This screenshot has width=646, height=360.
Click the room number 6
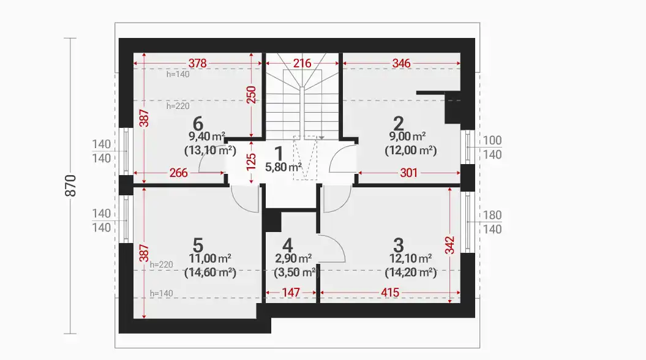[198, 123]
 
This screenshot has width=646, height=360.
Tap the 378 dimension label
[197, 64]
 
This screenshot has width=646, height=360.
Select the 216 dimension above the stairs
[302, 64]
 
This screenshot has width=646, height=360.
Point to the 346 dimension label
[401, 64]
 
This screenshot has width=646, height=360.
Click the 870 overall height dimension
[71, 186]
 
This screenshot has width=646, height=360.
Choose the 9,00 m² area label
[407, 137]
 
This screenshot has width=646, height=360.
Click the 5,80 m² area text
[284, 167]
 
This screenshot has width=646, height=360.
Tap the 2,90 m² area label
[293, 258]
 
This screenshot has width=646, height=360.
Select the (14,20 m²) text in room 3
[411, 272]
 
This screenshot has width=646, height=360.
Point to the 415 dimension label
[389, 293]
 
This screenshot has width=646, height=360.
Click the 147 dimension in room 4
[291, 293]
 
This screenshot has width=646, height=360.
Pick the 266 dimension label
[178, 173]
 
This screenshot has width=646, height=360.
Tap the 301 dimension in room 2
[408, 173]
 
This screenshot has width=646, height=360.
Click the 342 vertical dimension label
[450, 245]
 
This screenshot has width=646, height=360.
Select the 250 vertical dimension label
[251, 95]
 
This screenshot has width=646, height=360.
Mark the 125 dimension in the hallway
[251, 162]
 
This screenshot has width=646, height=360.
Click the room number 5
[198, 246]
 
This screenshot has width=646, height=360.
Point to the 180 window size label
[492, 215]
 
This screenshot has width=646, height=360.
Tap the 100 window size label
[492, 140]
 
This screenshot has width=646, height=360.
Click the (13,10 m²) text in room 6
[210, 151]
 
